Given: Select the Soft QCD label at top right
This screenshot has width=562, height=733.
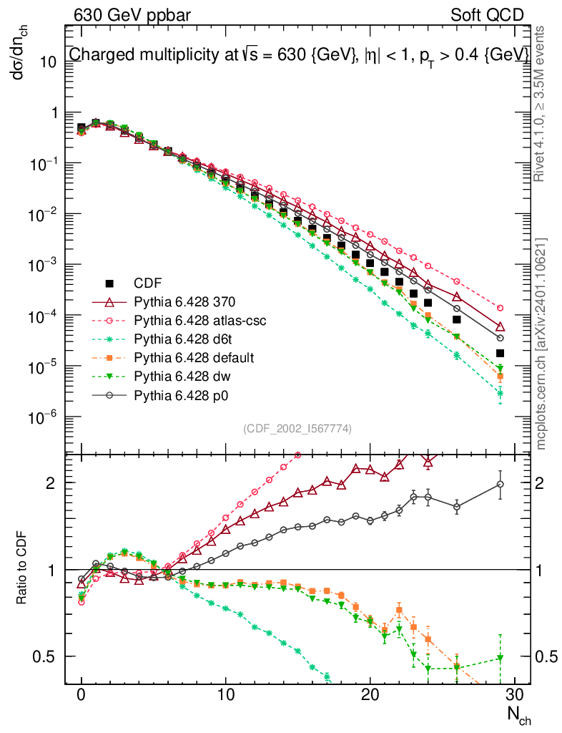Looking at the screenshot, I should (486, 14).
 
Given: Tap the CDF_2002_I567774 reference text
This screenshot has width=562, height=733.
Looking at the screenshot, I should (297, 428).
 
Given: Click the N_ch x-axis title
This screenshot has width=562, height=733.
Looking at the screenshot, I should (517, 717).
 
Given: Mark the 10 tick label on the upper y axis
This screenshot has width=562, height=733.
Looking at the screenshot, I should (47, 62).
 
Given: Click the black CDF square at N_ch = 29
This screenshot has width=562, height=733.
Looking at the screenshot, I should (500, 353).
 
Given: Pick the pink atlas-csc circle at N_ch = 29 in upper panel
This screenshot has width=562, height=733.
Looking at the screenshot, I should (500, 308).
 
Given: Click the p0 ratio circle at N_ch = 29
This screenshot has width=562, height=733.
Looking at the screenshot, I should (500, 485).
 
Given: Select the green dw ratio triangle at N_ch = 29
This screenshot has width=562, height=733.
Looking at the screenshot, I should (500, 658).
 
